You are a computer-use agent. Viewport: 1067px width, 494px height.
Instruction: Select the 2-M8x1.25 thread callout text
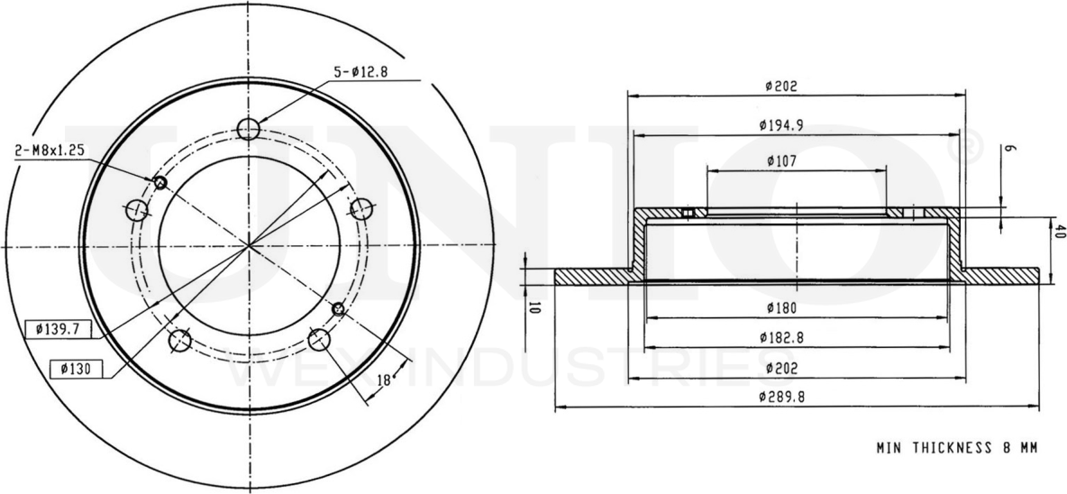click(50, 151)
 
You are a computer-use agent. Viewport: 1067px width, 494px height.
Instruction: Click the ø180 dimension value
click(780, 308)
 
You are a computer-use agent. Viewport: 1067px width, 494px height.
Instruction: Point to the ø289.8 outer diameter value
click(782, 397)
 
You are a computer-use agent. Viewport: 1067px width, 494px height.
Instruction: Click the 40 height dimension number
click(1060, 230)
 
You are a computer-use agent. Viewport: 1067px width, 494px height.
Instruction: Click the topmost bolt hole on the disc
click(249, 129)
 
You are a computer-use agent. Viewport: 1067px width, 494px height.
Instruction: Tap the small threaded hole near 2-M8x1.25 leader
click(160, 183)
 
